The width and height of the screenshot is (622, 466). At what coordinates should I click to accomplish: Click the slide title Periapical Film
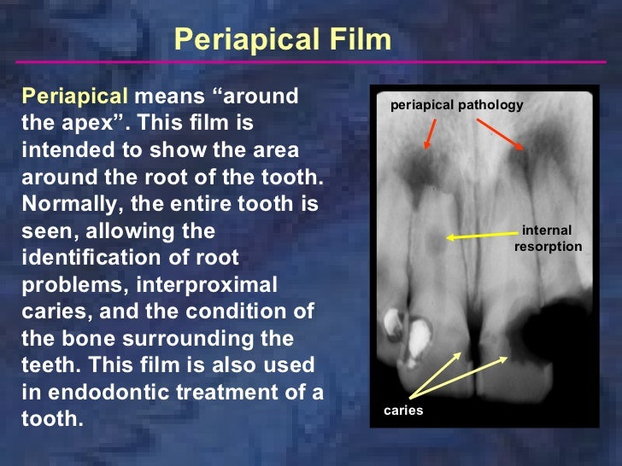pos(282,38)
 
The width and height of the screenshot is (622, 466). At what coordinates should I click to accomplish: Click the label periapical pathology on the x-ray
pos(456,105)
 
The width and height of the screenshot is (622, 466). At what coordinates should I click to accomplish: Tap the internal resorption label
pos(547,238)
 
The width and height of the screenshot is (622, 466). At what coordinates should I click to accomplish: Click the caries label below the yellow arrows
pos(403,411)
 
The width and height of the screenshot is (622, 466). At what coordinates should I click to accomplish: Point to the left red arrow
pos(431,134)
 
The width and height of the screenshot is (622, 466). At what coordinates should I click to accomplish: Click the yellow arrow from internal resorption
pos(479,236)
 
